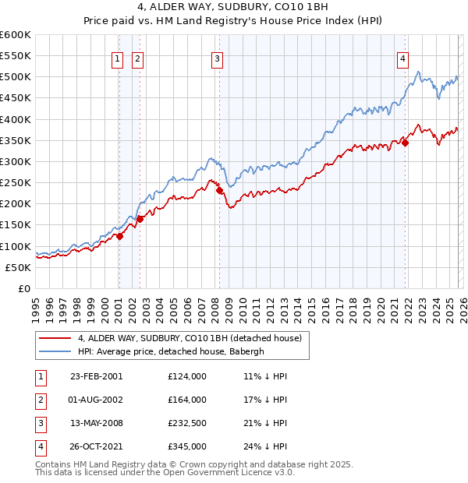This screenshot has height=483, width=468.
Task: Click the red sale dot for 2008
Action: click(x=220, y=190)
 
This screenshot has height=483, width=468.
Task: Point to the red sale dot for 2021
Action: click(x=406, y=143)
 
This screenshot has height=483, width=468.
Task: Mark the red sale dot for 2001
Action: click(x=119, y=236)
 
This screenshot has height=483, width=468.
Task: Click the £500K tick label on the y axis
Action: click(x=16, y=77)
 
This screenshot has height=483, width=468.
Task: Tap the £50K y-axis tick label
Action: click(x=18, y=267)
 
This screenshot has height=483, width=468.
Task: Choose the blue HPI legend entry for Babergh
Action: click(x=172, y=351)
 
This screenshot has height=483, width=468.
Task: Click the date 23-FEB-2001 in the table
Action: click(x=96, y=376)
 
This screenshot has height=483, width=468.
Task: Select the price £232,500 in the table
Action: click(x=187, y=423)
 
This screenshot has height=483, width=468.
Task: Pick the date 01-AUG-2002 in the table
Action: click(x=96, y=400)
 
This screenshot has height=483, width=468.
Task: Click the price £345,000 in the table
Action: click(x=187, y=446)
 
